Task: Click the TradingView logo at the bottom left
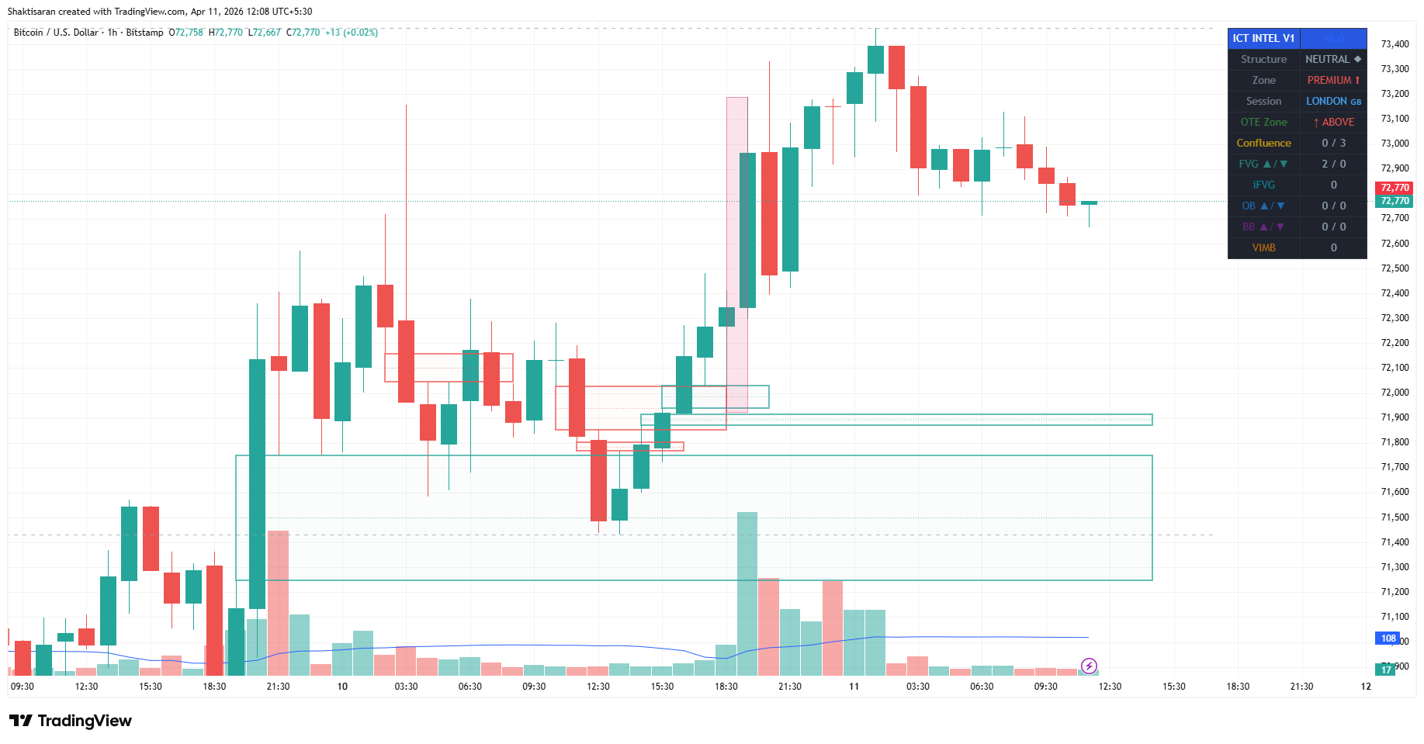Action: coord(71,721)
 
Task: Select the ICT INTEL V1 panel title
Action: coord(1263,38)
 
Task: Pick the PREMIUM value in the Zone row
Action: coord(1329,80)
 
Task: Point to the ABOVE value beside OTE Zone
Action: coord(1334,122)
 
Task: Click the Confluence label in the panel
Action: coord(1263,143)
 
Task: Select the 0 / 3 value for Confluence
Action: coord(1334,143)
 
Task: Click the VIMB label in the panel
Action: coord(1263,247)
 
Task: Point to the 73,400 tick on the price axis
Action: coord(1395,44)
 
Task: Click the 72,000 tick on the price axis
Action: coord(1395,393)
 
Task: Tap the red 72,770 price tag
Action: coord(1395,188)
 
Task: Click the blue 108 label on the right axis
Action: coord(1388,638)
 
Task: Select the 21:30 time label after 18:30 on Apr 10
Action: coord(790,687)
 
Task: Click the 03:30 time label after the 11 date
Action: coord(918,687)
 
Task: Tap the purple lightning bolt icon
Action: coord(1089,666)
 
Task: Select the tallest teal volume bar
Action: coord(747,593)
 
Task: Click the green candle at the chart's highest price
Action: coord(875,60)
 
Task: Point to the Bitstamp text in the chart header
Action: coord(144,33)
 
